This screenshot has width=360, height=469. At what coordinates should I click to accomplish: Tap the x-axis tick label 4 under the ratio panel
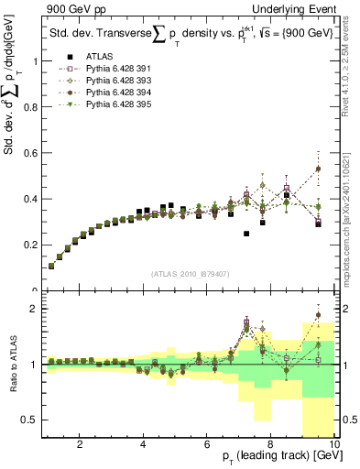pyautogui.click(x=144, y=443)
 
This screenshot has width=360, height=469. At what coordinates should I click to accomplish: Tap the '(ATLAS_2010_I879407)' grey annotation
pyautogui.click(x=190, y=273)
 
